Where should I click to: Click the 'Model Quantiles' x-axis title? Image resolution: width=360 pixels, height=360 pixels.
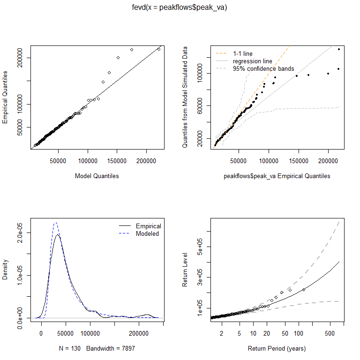click(x=97, y=176)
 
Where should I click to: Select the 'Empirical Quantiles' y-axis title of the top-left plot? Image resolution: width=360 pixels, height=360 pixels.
click(x=5, y=97)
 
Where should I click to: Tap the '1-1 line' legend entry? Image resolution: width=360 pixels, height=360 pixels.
click(x=242, y=53)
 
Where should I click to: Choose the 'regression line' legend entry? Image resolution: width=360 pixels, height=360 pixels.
click(x=252, y=61)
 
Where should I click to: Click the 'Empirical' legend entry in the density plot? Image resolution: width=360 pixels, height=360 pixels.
click(x=148, y=226)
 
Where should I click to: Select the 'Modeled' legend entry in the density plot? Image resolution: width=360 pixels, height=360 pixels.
click(x=147, y=233)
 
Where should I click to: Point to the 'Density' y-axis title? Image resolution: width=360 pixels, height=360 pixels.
click(x=5, y=270)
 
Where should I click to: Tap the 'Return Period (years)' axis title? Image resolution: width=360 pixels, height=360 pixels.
click(x=277, y=349)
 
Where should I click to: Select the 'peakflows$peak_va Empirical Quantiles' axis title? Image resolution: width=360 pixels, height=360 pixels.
click(x=277, y=176)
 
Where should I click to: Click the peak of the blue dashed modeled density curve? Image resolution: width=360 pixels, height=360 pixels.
click(x=56, y=223)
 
